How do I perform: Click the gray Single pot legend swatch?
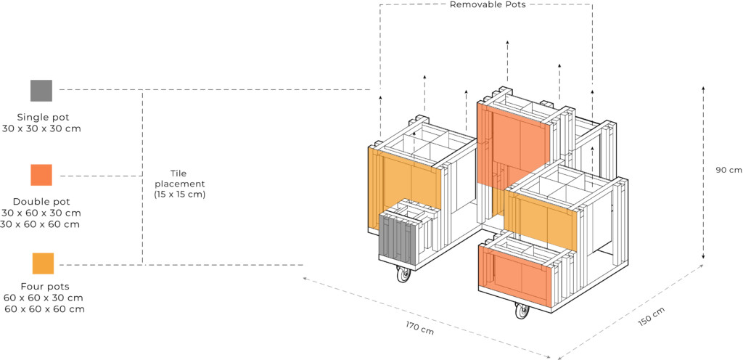41,90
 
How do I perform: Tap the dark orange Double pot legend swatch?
41,175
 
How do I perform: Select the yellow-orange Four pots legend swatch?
43,263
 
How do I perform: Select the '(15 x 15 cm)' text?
180,195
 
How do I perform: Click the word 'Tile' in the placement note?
179,173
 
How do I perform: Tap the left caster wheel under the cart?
403,275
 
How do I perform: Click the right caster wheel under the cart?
522,311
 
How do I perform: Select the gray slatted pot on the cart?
398,240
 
